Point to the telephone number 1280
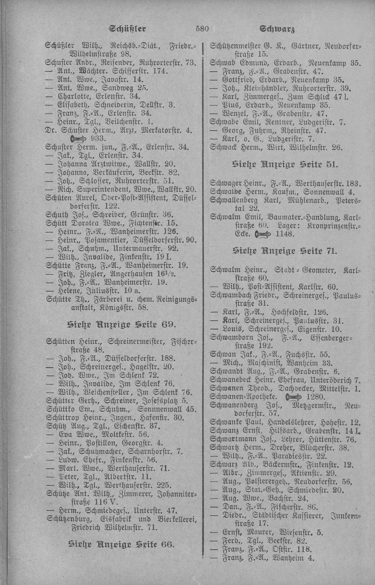pos(314,397)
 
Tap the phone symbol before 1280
pos(294,397)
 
